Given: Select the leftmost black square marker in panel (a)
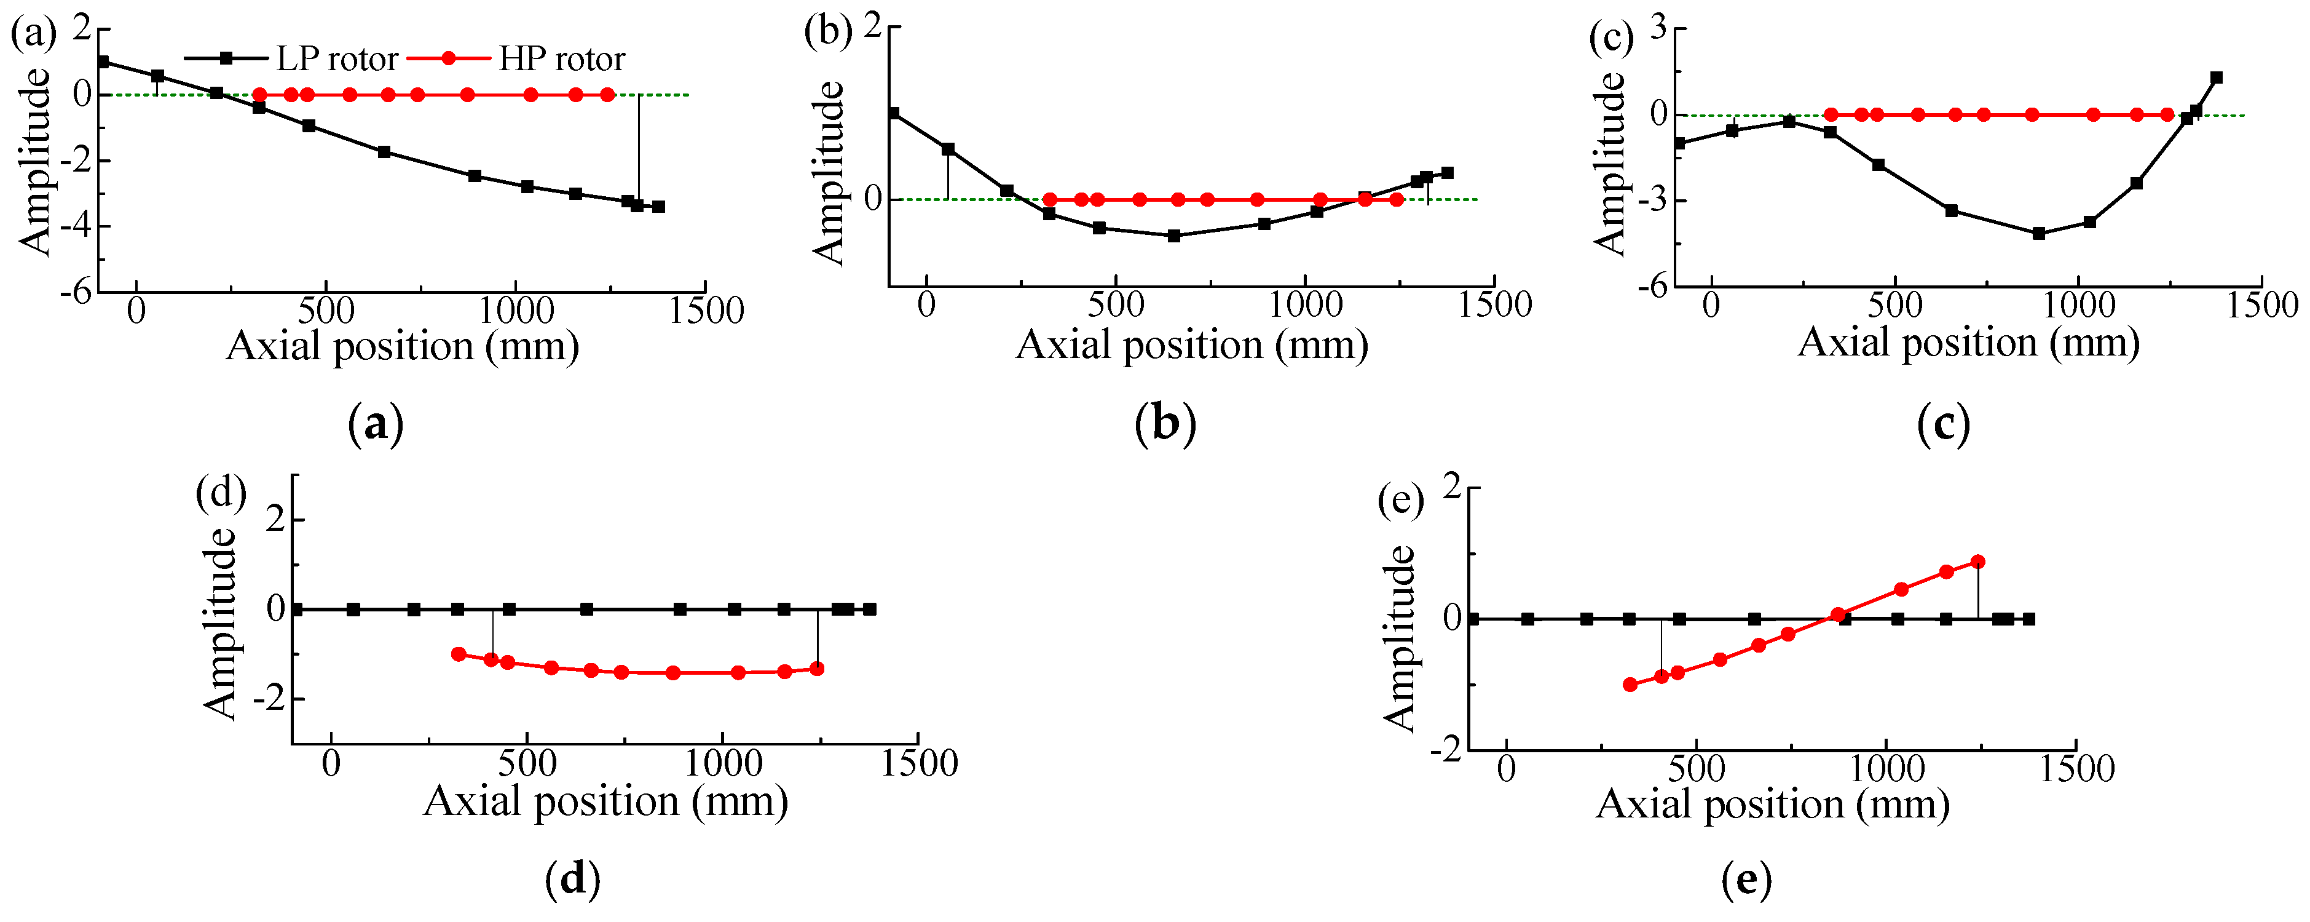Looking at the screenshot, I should point(103,62).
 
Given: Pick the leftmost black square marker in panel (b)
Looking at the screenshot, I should point(894,113).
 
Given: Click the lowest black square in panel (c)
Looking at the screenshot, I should point(2038,233).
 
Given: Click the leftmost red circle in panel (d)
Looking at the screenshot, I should point(458,654).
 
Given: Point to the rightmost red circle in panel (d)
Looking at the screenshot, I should point(817,668).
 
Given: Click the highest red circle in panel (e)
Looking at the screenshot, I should point(1978,562).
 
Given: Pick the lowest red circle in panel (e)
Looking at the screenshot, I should point(1630,685).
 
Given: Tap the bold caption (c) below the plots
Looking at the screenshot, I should point(1942,424).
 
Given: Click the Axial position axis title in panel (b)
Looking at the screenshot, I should point(1192,345).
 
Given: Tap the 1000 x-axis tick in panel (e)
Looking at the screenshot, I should point(1886,769).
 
